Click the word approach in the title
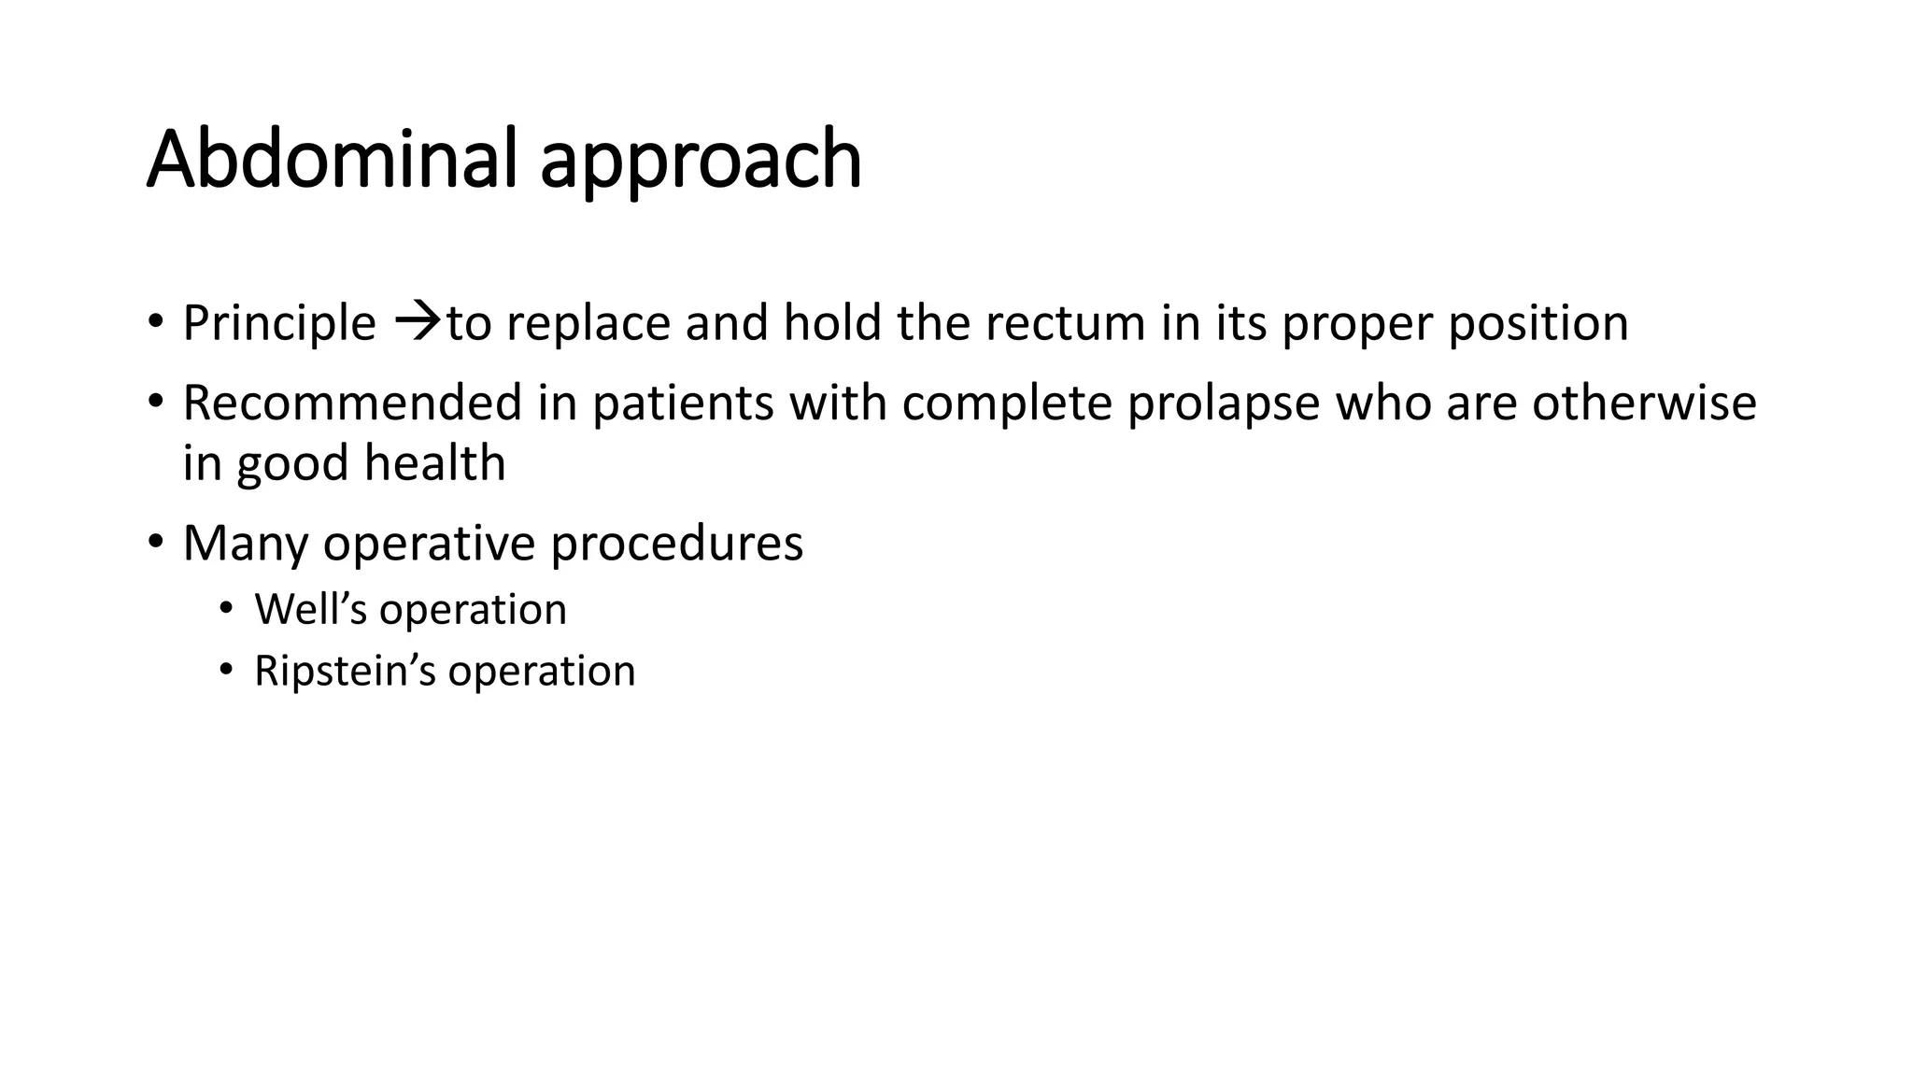[x=701, y=163]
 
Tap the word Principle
[x=278, y=324]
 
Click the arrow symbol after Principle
[x=417, y=322]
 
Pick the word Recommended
[x=352, y=403]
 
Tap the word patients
[x=683, y=403]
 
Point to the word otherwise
[x=1644, y=403]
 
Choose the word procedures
[x=676, y=545]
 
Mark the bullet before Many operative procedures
[x=155, y=541]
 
